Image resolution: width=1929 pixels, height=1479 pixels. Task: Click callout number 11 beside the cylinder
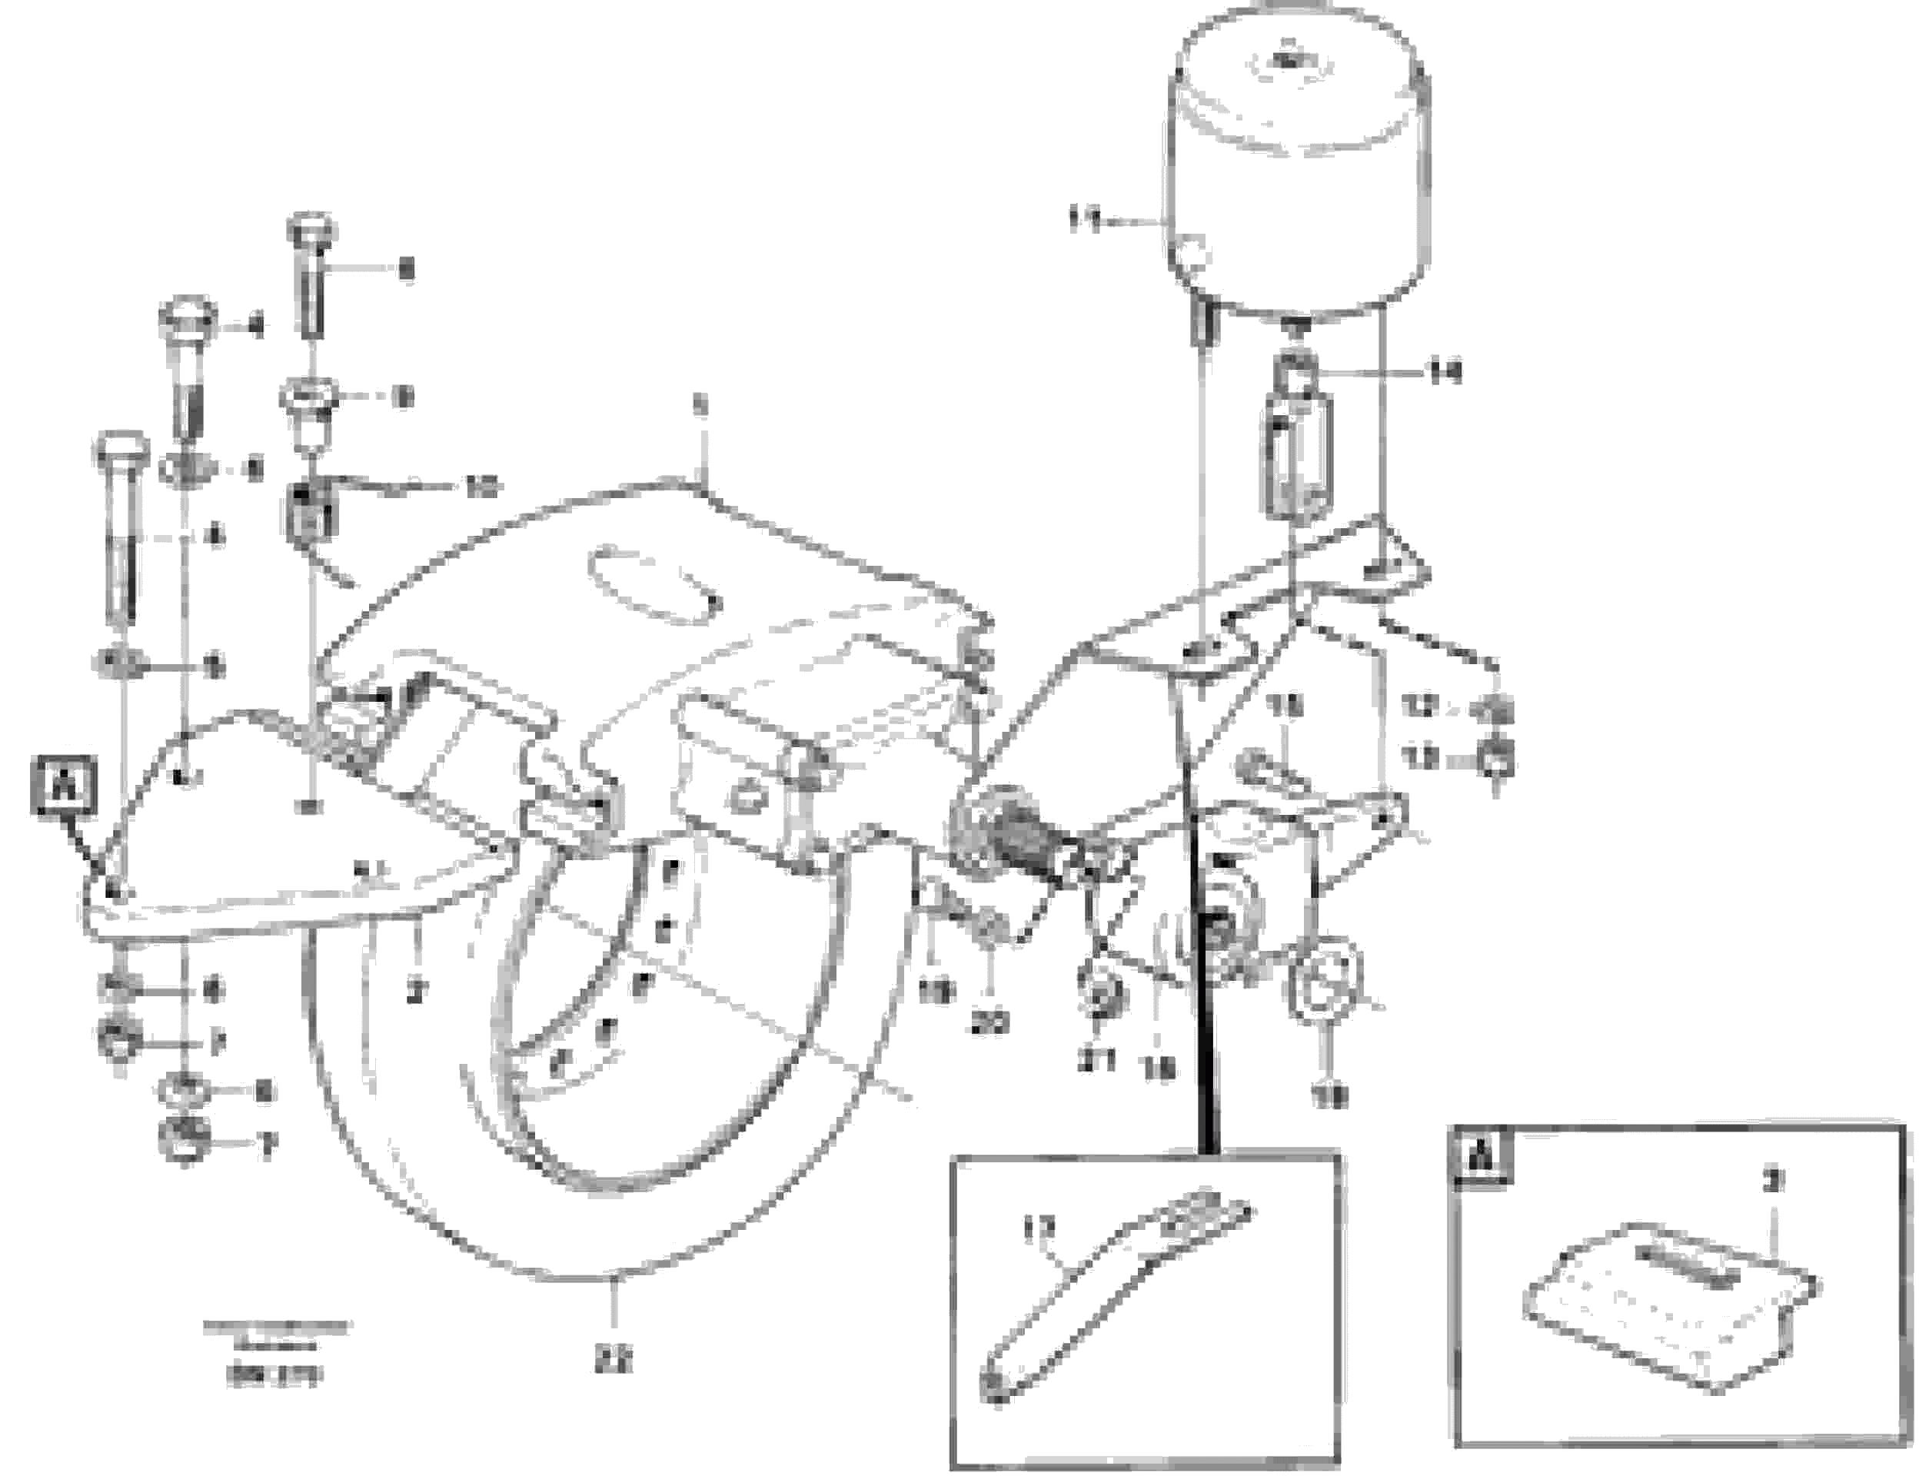click(x=1084, y=219)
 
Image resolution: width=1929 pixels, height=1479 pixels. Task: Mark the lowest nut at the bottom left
click(x=182, y=1142)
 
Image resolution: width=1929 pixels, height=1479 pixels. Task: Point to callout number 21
click(x=1097, y=1061)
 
